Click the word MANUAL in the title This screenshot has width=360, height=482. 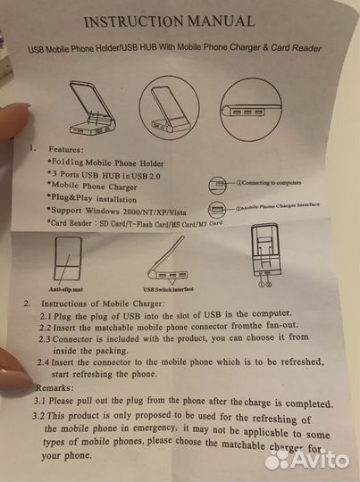click(221, 21)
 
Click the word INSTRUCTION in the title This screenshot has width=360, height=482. click(134, 21)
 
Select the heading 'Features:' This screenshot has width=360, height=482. click(66, 150)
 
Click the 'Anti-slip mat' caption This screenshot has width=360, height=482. click(65, 289)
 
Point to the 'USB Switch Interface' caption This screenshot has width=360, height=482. click(168, 289)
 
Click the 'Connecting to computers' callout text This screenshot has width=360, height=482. click(269, 183)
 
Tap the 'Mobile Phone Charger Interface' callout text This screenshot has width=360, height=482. click(278, 206)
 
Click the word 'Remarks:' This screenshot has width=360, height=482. click(54, 387)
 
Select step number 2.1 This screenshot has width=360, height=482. click(46, 316)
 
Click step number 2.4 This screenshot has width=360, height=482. click(43, 362)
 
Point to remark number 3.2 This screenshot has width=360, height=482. click(38, 416)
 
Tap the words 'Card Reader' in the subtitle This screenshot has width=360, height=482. click(296, 48)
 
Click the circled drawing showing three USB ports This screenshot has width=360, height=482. click(251, 110)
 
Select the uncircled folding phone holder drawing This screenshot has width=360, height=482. click(92, 108)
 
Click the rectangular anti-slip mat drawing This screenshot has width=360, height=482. click(68, 258)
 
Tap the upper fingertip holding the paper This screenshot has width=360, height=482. click(15, 120)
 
